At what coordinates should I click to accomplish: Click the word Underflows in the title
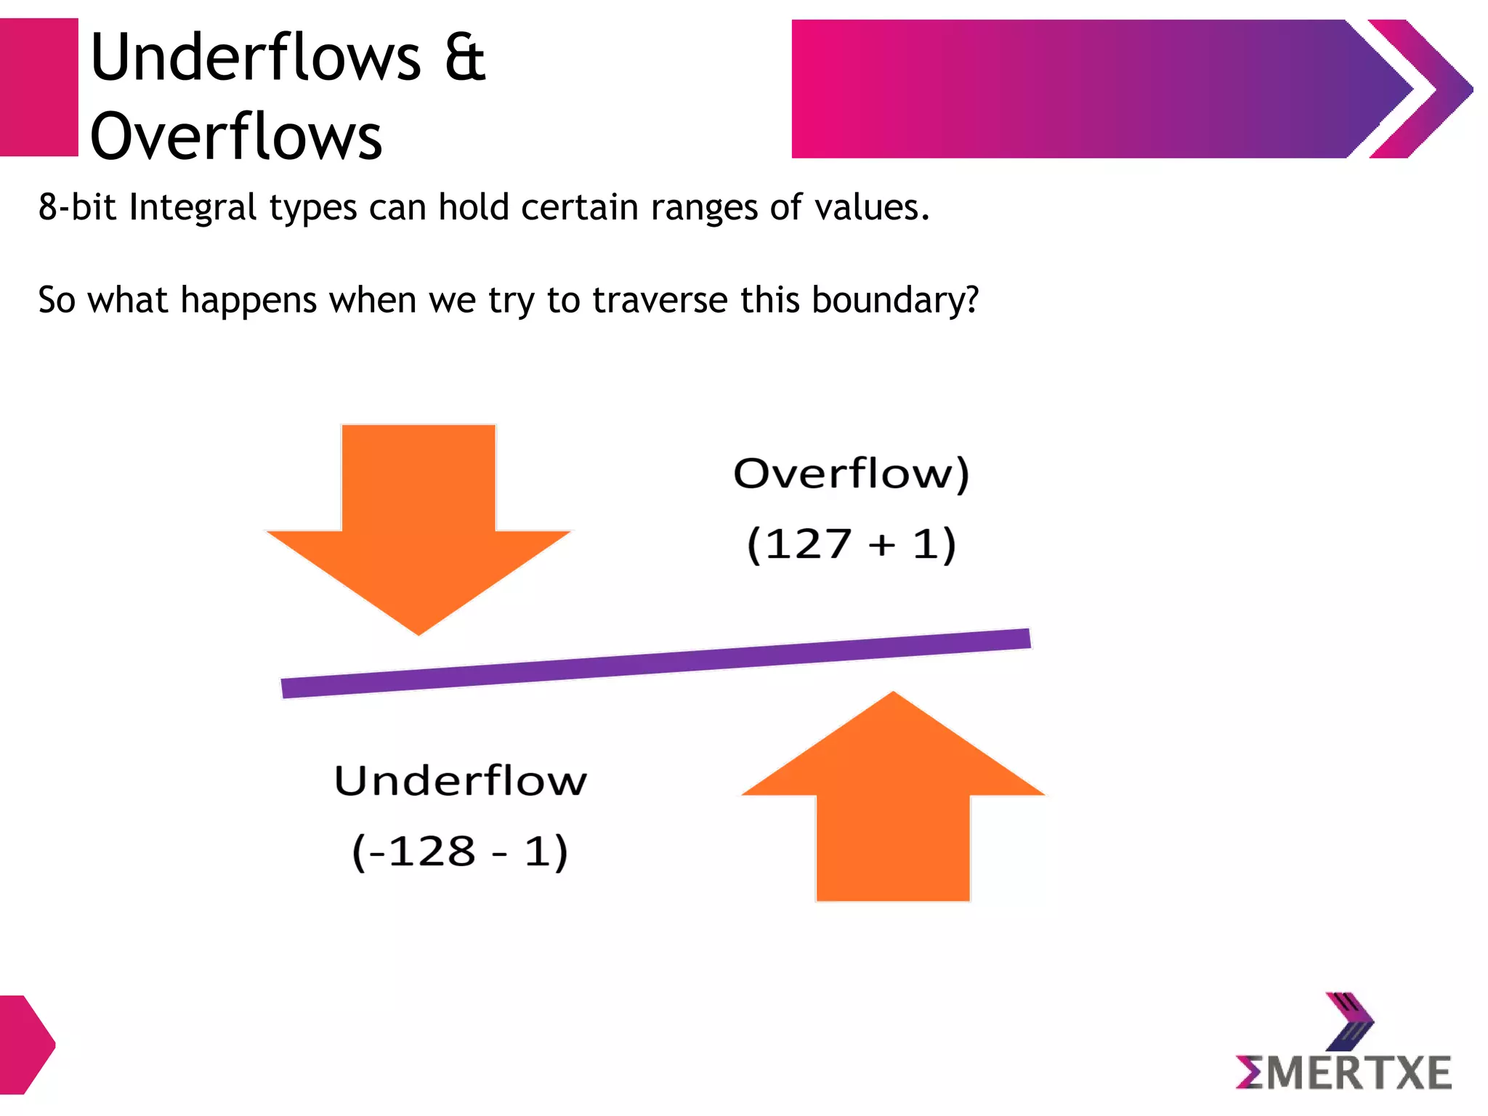[255, 57]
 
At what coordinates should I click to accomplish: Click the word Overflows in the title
[236, 136]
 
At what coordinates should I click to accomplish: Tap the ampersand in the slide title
[465, 57]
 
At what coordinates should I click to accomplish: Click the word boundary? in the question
[895, 300]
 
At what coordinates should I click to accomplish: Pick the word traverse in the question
[660, 300]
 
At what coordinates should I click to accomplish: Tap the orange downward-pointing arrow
[418, 523]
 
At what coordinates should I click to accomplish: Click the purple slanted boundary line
[655, 663]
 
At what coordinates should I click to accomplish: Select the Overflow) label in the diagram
[851, 474]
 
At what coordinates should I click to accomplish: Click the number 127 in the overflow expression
[809, 544]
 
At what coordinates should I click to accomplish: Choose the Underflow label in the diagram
[461, 781]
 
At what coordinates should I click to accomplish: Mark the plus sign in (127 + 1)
[882, 545]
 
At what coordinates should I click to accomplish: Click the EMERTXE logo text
[1344, 1073]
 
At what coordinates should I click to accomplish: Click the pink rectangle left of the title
[39, 87]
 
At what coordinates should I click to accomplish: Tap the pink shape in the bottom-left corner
[25, 1045]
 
